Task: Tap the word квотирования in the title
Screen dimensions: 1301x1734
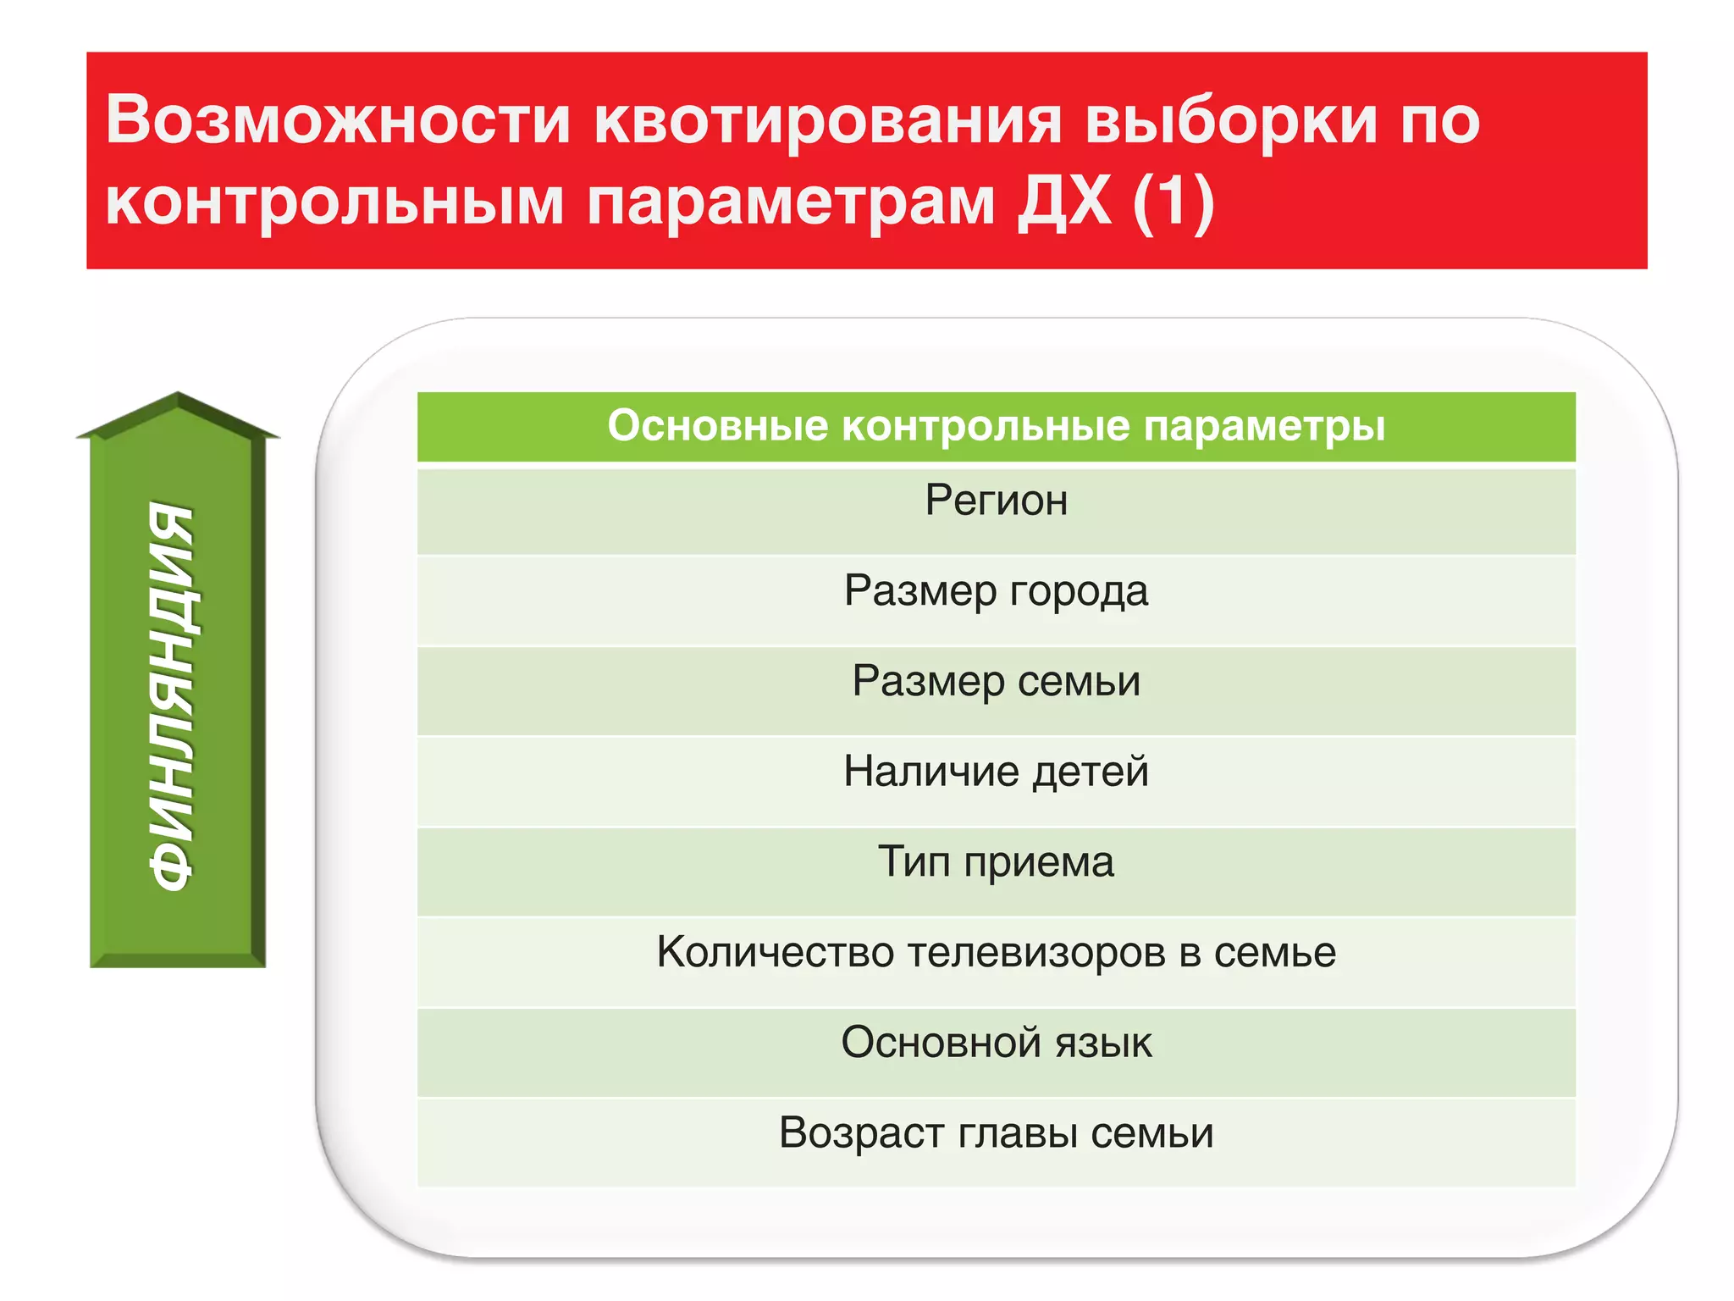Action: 827,119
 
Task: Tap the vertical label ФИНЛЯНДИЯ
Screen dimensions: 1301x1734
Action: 174,696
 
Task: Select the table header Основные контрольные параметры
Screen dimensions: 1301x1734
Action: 996,425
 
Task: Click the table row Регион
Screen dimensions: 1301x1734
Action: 996,501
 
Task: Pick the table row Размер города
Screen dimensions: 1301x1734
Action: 996,591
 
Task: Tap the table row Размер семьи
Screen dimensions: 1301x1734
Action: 996,682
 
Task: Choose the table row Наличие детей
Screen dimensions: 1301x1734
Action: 996,772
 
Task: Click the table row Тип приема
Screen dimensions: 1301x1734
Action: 996,862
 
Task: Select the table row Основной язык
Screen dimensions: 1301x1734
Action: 996,1043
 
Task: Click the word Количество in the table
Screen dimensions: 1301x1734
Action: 775,952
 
